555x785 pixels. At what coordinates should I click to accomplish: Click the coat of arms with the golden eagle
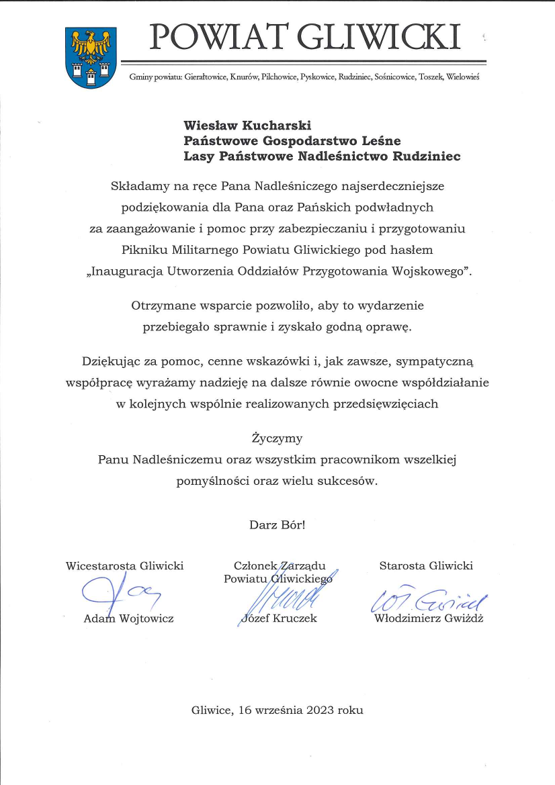(x=90, y=58)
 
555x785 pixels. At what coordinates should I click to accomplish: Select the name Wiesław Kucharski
(x=248, y=124)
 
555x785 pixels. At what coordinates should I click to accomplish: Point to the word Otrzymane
(x=159, y=306)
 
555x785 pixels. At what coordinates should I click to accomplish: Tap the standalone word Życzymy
(x=277, y=438)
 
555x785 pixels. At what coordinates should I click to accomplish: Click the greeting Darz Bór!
(x=277, y=524)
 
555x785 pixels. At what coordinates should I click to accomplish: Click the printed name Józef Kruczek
(x=278, y=618)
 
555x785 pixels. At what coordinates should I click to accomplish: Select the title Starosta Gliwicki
(x=426, y=565)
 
